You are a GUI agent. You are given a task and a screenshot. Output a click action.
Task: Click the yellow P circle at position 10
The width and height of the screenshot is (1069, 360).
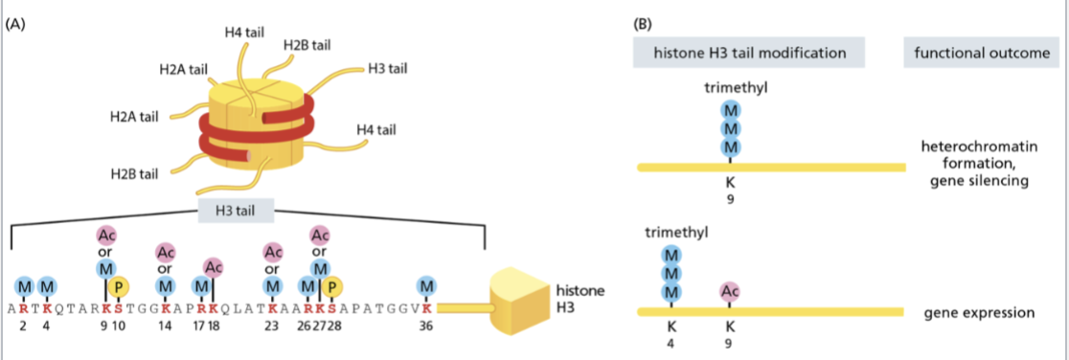[120, 286]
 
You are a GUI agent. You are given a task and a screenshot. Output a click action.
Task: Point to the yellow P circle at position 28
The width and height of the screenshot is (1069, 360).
[332, 286]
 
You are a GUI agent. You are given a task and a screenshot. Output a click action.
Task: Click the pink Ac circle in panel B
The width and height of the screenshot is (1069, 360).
[730, 292]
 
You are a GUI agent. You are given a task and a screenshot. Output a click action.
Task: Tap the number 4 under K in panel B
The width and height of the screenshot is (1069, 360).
[671, 344]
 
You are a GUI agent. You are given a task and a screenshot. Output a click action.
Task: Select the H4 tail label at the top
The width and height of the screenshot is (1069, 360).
[244, 33]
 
